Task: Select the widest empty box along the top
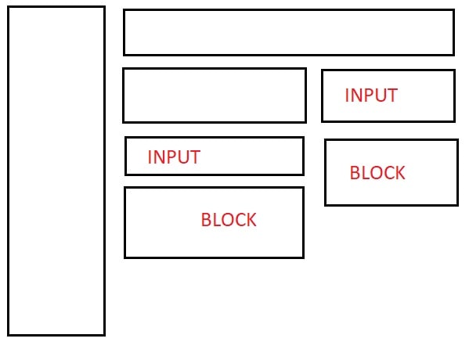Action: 289,9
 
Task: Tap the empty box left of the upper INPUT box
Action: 215,68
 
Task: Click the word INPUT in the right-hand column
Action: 371,95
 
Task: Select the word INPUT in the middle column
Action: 174,157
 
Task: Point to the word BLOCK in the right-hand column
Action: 377,172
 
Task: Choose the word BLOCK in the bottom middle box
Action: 229,220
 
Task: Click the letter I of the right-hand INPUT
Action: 347,95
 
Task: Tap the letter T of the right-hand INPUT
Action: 391,95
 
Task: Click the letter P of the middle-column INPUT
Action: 169,157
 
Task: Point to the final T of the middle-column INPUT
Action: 194,157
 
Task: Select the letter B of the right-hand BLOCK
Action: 355,172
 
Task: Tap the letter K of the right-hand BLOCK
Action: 400,172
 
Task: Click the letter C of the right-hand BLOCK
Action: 388,172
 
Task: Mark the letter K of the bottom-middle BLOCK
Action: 251,220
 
